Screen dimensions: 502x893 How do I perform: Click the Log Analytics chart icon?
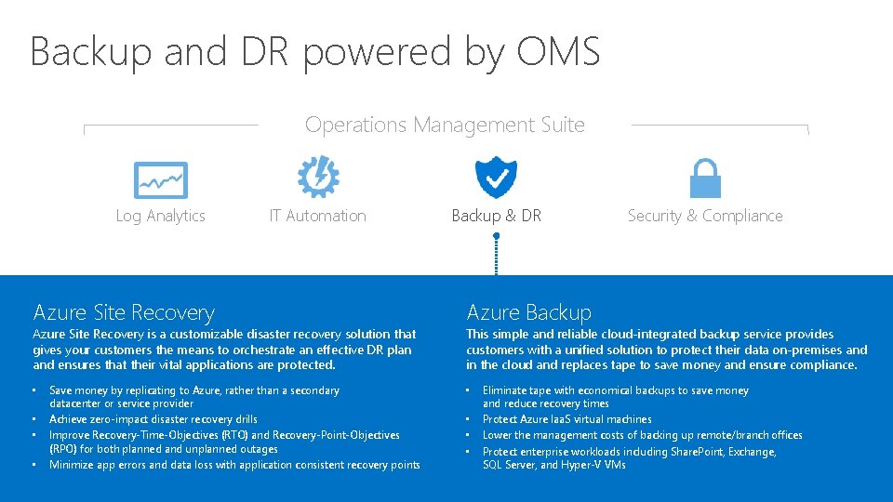click(x=160, y=179)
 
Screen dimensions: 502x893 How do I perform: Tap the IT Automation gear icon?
click(x=317, y=177)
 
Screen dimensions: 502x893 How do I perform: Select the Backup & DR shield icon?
click(x=496, y=177)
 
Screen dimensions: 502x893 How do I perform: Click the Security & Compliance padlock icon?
click(x=704, y=178)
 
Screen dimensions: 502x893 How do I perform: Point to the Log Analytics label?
click(x=160, y=216)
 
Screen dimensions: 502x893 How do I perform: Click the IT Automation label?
click(x=317, y=216)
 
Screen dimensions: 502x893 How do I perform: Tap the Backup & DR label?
click(x=496, y=216)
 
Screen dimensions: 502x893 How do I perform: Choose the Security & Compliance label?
click(x=704, y=216)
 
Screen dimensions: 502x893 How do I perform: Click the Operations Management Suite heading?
click(x=445, y=125)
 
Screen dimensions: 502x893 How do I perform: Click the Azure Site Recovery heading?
click(x=124, y=312)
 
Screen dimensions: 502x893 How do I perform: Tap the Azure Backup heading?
click(x=528, y=312)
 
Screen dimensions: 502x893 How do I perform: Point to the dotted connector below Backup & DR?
click(x=497, y=255)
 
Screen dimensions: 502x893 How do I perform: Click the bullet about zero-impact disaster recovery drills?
click(x=153, y=419)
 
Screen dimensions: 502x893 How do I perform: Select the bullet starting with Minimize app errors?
click(x=234, y=465)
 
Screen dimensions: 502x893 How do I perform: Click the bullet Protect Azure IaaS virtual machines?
click(x=566, y=419)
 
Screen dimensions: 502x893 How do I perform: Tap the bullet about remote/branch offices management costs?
click(x=642, y=435)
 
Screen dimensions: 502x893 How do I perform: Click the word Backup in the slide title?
click(x=90, y=51)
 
